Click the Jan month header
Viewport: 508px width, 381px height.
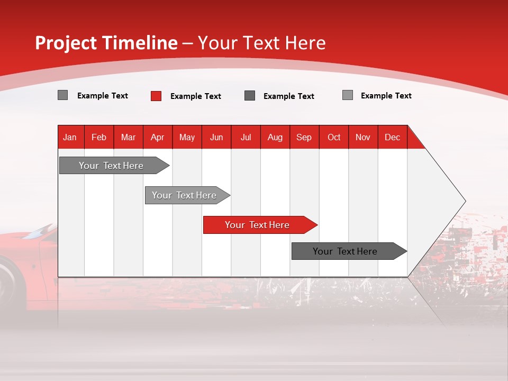pos(70,137)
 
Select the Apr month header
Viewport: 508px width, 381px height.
pos(158,137)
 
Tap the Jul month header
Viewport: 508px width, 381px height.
pos(246,137)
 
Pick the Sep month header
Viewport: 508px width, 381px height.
pos(304,137)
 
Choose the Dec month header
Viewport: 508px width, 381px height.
pos(392,137)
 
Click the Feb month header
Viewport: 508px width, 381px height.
pos(99,137)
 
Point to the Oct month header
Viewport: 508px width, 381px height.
pos(334,137)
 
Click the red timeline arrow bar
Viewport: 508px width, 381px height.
pos(258,225)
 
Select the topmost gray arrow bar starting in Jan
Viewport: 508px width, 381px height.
pos(112,166)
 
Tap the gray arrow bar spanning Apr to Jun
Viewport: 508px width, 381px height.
pos(185,195)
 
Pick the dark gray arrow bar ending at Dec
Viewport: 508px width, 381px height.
pos(346,251)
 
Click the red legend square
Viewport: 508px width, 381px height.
pos(156,96)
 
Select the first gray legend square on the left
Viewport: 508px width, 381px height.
pos(62,95)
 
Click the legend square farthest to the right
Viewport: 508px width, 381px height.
pos(348,95)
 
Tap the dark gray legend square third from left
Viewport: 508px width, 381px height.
pos(250,96)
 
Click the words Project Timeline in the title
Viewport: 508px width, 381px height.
pos(106,43)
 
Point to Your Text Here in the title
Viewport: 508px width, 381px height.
pos(262,43)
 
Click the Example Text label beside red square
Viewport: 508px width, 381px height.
pos(195,96)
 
